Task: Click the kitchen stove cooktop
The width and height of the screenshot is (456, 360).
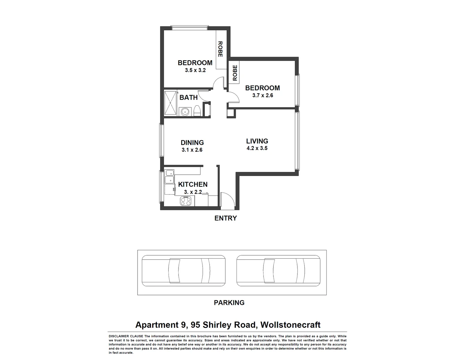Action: coord(185,201)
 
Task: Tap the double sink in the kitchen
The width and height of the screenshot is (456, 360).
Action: coord(169,177)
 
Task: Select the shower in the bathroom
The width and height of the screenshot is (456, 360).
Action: coord(170,103)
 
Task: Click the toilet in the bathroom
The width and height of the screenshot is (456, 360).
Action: coord(197,111)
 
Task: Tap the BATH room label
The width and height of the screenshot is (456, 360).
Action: coord(189,98)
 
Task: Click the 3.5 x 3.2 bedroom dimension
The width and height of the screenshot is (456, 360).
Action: coord(195,70)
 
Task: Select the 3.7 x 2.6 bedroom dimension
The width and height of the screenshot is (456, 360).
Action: coord(262,95)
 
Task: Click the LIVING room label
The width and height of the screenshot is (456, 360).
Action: coord(257,141)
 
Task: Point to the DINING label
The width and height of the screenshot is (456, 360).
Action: coord(192,143)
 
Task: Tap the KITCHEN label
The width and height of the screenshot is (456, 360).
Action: coord(193,184)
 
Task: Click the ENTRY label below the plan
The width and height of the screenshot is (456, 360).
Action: coord(226,218)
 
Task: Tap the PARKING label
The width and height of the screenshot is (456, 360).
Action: coord(229,303)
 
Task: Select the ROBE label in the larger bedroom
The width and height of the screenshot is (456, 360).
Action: coord(220,49)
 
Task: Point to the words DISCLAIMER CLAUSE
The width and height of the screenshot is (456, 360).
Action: coord(126,336)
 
